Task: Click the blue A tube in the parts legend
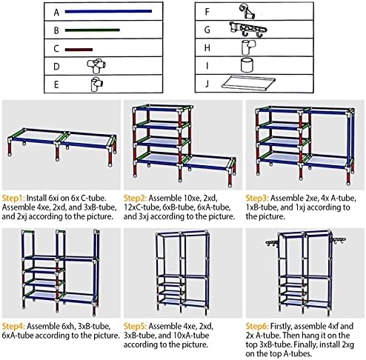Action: click(x=108, y=11)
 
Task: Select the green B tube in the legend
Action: click(x=93, y=30)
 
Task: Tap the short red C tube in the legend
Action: click(x=79, y=50)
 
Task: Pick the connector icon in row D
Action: click(x=96, y=66)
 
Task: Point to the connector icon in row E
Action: click(x=97, y=84)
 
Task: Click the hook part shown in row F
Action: click(x=247, y=11)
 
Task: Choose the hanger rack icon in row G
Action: click(x=248, y=30)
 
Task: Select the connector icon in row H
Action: click(x=248, y=47)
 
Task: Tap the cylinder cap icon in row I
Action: click(x=247, y=65)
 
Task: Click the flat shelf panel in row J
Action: click(x=248, y=82)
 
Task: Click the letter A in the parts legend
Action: click(x=56, y=13)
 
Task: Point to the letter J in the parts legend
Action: click(x=207, y=84)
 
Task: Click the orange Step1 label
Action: click(x=13, y=198)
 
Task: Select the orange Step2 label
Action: click(x=135, y=198)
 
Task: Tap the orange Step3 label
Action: click(x=257, y=198)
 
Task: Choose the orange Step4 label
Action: click(x=13, y=326)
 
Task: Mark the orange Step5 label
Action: click(x=135, y=326)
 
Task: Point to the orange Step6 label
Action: click(x=257, y=326)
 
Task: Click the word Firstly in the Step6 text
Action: click(x=282, y=326)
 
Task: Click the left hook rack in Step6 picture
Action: click(x=272, y=243)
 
